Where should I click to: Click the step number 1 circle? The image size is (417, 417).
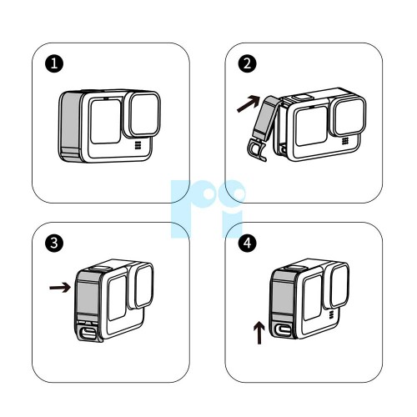pos(54,63)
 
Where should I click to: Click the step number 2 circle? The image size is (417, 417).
pos(247,63)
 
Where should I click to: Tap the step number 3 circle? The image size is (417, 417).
pos(54,243)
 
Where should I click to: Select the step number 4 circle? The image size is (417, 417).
pos(247,243)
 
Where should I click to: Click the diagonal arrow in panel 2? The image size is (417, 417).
pos(249,103)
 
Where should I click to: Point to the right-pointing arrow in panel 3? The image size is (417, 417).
pos(60,288)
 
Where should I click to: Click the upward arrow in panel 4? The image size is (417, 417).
pos(259,333)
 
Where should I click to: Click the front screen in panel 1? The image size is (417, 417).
pos(106,121)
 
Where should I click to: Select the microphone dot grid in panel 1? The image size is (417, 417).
pos(138,145)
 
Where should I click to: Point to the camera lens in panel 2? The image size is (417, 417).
pos(349,117)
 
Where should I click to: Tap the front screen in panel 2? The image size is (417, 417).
pos(311,125)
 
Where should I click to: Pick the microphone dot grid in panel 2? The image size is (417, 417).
pos(345,141)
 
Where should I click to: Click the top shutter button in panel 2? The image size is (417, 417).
pos(302,97)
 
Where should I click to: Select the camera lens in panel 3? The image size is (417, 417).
pos(144,285)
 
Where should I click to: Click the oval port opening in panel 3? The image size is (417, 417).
pos(88,333)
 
